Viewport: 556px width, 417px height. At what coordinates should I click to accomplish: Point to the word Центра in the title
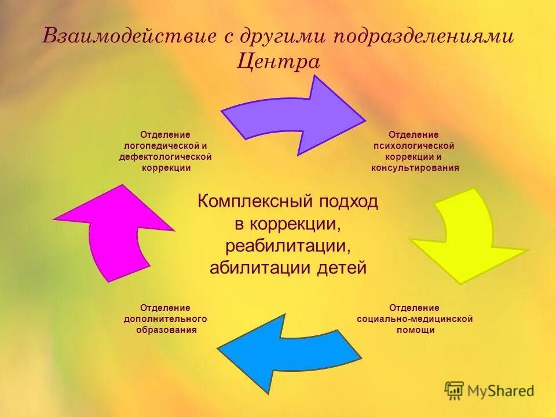point(278,61)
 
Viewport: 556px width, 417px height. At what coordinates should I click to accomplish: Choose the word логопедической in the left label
point(161,145)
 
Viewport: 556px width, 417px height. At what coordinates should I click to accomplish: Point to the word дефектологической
point(165,157)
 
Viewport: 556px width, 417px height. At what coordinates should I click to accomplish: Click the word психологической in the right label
point(414,145)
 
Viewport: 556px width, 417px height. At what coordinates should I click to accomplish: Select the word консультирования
point(415,168)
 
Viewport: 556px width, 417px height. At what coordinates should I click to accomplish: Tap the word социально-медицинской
point(415,319)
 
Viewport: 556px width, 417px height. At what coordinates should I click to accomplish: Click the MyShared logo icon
point(455,391)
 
